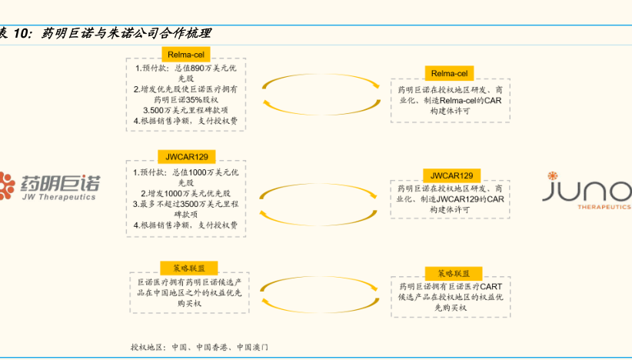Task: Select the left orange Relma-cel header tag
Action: click(x=185, y=54)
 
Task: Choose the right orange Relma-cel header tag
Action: click(x=449, y=74)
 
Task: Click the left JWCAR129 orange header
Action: click(x=186, y=157)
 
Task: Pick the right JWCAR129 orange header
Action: click(x=451, y=175)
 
